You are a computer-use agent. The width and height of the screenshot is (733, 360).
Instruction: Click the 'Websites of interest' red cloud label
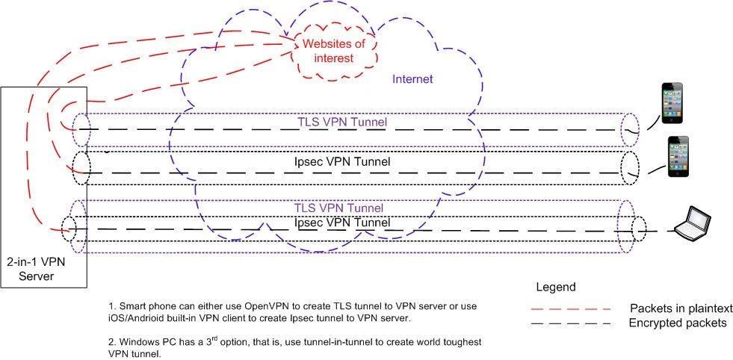tap(334, 52)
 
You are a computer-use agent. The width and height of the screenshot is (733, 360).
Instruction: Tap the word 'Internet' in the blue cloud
tap(413, 78)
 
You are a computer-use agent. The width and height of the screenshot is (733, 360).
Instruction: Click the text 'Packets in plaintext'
tap(680, 308)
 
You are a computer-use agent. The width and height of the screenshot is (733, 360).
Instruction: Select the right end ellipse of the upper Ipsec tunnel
tap(630, 168)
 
